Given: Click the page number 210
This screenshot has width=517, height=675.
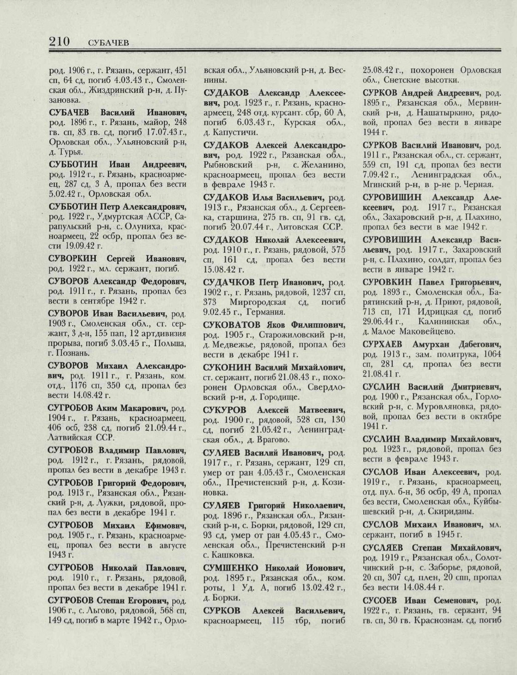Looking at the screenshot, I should click(x=59, y=42).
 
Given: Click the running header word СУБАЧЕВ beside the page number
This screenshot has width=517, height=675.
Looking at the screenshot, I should click(x=107, y=43).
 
